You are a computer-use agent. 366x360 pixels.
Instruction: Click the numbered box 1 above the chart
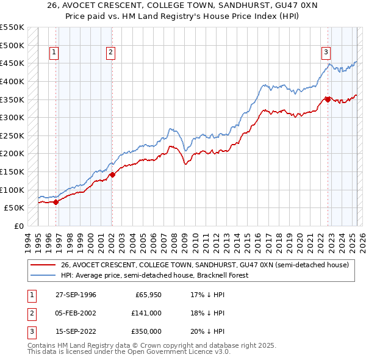click(55, 53)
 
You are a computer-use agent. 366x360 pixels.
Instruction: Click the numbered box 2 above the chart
click(110, 53)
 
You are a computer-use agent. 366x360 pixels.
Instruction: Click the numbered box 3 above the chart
click(326, 53)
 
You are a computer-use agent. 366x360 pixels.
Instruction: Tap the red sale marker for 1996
click(56, 202)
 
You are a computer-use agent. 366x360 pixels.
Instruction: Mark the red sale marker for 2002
click(112, 175)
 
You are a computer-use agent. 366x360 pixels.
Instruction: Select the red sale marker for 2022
click(328, 99)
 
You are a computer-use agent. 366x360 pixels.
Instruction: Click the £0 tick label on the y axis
click(18, 226)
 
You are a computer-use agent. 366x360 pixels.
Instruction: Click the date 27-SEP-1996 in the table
click(76, 295)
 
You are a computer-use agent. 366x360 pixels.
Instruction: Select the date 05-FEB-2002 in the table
click(76, 313)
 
